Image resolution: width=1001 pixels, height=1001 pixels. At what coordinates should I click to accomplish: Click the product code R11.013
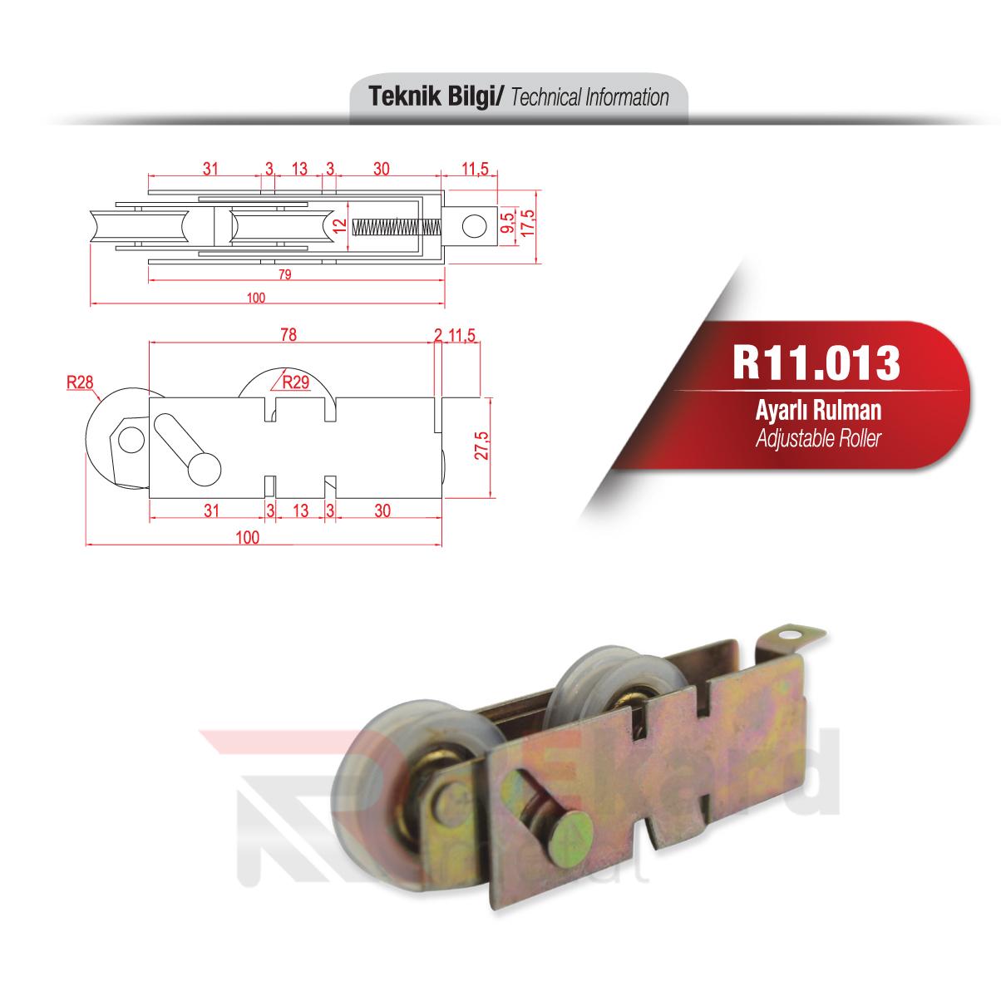point(816,361)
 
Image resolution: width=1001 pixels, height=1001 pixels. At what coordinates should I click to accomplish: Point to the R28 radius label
point(79,382)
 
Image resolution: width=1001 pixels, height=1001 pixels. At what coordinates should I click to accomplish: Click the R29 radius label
point(295,383)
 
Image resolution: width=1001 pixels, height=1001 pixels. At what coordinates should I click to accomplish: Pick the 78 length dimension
point(288,334)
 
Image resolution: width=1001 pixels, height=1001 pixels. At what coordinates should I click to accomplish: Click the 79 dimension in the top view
point(284,276)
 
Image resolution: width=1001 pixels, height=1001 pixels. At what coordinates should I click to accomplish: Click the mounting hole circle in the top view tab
point(473,226)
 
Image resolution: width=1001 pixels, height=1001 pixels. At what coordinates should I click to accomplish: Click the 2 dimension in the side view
point(438,334)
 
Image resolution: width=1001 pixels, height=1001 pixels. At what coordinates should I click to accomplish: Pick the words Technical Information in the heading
point(590,98)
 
